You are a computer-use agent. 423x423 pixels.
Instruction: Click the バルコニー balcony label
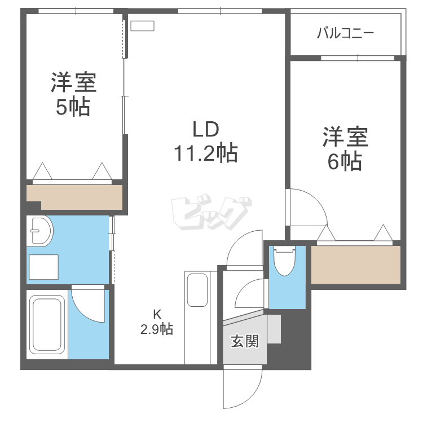pyautogui.click(x=345, y=33)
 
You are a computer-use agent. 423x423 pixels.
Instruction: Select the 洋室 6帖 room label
pyautogui.click(x=345, y=149)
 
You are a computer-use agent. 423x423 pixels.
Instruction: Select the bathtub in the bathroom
pyautogui.click(x=47, y=324)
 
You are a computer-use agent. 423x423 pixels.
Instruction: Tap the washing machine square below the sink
pyautogui.click(x=43, y=267)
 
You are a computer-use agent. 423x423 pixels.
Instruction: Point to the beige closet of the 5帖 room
pyautogui.click(x=74, y=197)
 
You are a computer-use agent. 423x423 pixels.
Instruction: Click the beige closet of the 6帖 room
pyautogui.click(x=355, y=265)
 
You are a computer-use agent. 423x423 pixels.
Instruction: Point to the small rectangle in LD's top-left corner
pyautogui.click(x=142, y=26)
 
